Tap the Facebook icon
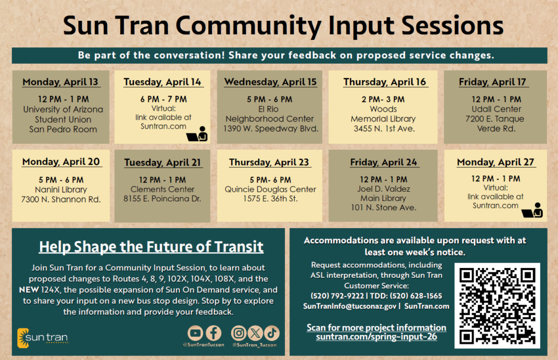213,333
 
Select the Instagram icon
239,333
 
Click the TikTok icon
272,333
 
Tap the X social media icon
255,333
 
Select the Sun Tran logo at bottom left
43,337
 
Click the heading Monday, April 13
60,82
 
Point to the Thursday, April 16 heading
385,82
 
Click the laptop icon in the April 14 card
197,134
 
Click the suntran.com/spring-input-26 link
376,337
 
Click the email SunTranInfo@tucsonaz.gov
349,306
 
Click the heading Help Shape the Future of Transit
151,247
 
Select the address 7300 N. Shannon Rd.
60,199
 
